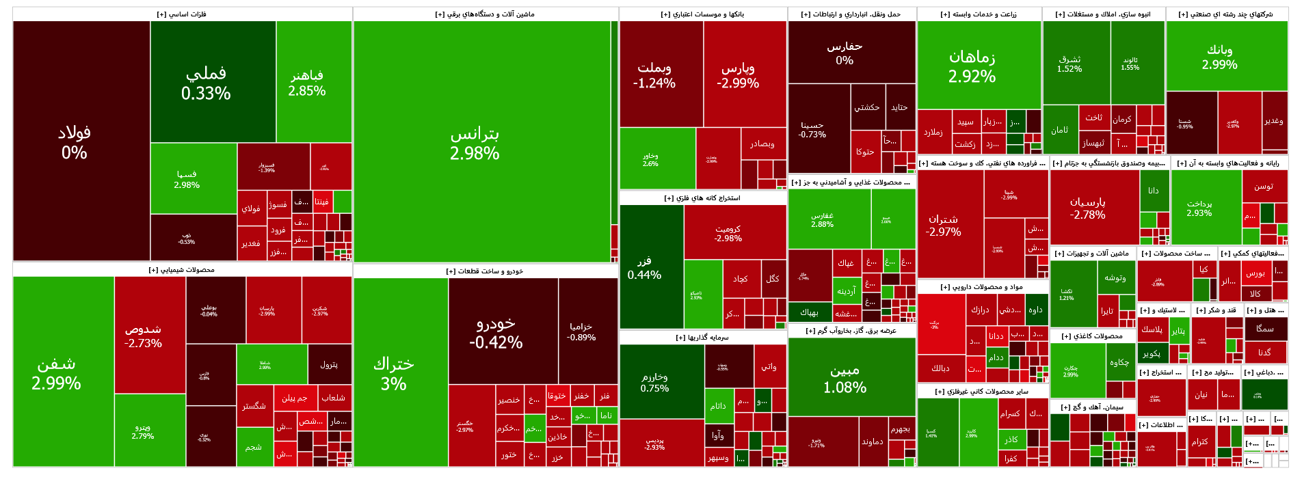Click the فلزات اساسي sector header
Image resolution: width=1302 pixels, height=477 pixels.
tap(182, 14)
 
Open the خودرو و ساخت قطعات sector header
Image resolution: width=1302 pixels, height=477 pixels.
tap(485, 271)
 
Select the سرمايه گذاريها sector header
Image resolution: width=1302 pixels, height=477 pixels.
tap(702, 337)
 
